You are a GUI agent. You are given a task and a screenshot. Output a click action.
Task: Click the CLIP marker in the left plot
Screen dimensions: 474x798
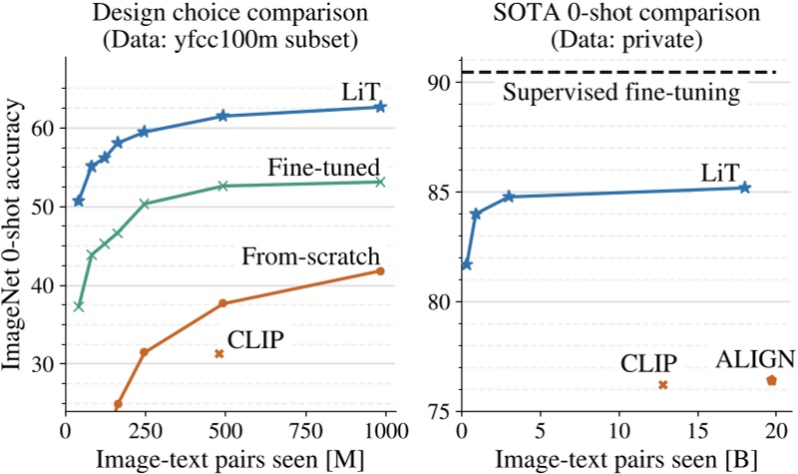(x=218, y=354)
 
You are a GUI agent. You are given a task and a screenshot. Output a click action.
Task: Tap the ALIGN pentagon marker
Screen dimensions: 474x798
(x=770, y=380)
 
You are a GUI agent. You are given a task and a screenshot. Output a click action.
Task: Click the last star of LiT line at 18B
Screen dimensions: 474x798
(x=744, y=188)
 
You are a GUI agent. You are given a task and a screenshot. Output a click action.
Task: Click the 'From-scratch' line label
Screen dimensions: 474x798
(x=311, y=256)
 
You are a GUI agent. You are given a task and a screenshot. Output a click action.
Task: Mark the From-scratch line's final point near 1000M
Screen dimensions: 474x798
(x=380, y=271)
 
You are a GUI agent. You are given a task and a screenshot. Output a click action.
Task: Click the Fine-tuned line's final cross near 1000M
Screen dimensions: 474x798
(x=380, y=182)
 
